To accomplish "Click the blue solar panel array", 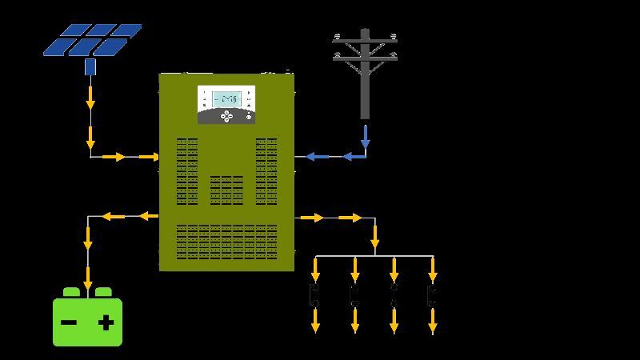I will point(92,40).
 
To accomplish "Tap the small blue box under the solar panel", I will point(90,66).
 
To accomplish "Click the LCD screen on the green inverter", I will point(226,98).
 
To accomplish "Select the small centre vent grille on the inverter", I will point(226,190).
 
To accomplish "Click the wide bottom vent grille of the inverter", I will point(226,241).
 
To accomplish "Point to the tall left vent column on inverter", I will point(186,170).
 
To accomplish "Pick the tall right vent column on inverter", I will point(266,170).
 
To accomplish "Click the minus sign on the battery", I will point(70,323).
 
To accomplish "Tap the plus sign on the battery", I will point(106,323).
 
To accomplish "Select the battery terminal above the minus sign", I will point(70,293).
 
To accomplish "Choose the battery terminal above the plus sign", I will point(104,293).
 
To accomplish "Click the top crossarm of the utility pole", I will point(365,38).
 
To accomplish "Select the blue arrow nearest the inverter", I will point(317,157).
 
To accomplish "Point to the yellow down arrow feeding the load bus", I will point(374,238).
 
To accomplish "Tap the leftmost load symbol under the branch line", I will point(315,295).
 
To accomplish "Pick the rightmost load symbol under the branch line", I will point(432,295).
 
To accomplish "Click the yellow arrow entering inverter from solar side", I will point(149,157).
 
